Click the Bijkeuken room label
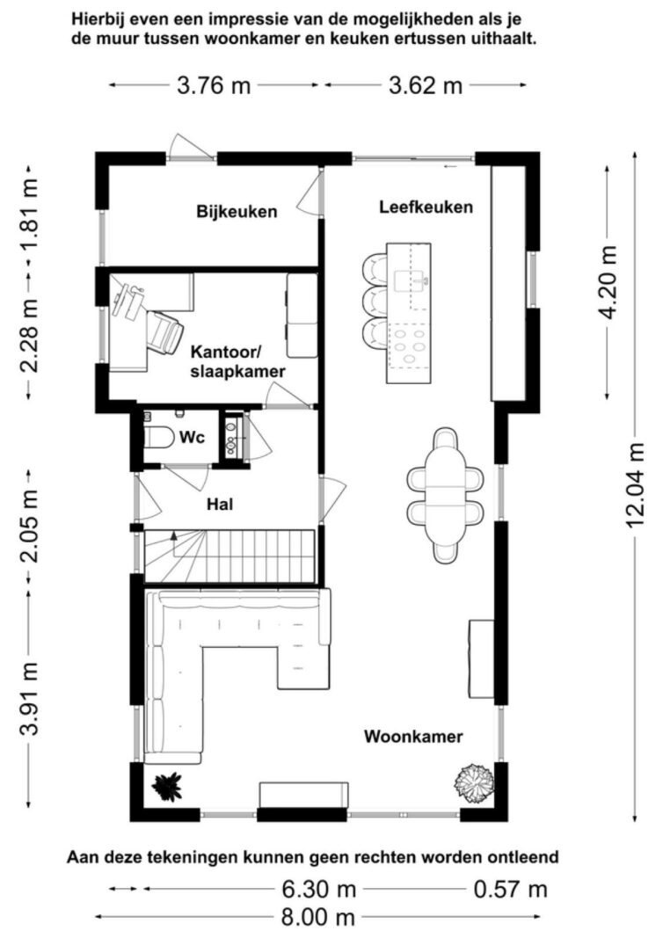point(237,211)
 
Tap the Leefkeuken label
point(426,207)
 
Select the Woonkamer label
point(413,736)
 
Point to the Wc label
point(192,437)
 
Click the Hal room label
point(220,505)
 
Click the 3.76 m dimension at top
point(214,85)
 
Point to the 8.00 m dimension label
point(317,917)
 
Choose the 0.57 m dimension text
point(510,890)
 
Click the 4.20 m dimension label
point(608,282)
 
